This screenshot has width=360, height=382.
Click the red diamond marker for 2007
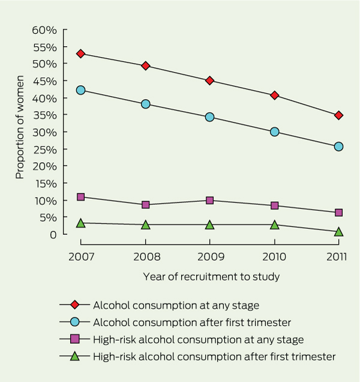tap(80, 53)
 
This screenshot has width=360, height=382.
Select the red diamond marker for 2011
tap(339, 115)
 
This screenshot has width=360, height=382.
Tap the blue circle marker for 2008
tap(145, 104)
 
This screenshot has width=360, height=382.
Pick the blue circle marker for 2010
tap(274, 132)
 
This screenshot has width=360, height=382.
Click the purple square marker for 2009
tap(209, 201)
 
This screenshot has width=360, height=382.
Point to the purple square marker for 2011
tap(339, 213)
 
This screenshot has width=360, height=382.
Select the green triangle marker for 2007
tap(80, 223)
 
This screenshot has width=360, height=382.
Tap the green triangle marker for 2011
tap(339, 231)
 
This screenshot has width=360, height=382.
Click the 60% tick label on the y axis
tap(44, 29)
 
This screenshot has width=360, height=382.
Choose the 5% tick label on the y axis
tap(47, 217)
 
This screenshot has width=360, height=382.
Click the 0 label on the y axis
tap(53, 234)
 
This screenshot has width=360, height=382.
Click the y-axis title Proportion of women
tap(20, 127)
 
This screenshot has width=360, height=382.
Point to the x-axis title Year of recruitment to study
tap(211, 277)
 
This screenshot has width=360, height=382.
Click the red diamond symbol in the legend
tap(75, 305)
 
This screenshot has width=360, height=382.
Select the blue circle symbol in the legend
tap(75, 322)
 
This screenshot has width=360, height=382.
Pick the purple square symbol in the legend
tap(75, 339)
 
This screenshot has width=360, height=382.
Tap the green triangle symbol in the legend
tap(75, 357)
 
